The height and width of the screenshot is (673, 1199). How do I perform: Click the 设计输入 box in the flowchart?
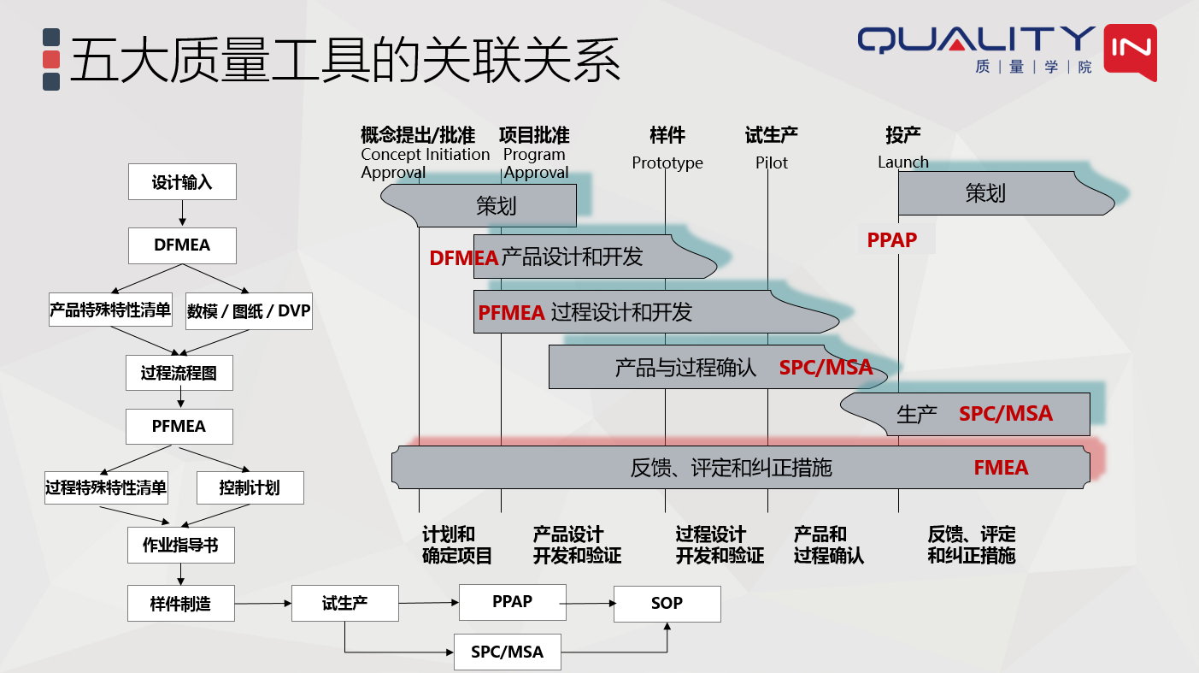(x=182, y=182)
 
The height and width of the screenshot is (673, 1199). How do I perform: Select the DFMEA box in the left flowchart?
(x=182, y=245)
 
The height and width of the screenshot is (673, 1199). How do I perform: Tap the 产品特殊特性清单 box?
(x=110, y=310)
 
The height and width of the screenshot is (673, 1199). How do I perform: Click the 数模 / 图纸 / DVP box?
(x=249, y=310)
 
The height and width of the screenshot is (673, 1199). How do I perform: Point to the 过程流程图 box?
(x=179, y=373)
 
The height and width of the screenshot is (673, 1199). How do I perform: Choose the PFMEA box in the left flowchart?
(x=179, y=426)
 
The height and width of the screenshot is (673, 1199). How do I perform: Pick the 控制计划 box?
(x=250, y=488)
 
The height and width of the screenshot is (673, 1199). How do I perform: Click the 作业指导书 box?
(x=180, y=545)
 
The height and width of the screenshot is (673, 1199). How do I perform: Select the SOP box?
(x=667, y=604)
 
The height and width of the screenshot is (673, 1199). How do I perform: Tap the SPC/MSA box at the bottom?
(x=508, y=652)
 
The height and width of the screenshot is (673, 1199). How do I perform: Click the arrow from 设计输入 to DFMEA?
(x=182, y=214)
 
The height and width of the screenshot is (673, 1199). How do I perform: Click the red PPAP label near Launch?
(x=892, y=240)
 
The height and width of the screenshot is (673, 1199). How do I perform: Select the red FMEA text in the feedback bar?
(x=1001, y=468)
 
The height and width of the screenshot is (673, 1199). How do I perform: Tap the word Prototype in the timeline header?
(x=667, y=162)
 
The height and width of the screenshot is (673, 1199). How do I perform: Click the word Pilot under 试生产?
(x=772, y=162)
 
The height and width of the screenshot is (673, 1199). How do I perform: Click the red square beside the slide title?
(x=51, y=59)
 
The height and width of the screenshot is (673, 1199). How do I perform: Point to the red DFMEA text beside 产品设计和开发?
(x=464, y=258)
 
